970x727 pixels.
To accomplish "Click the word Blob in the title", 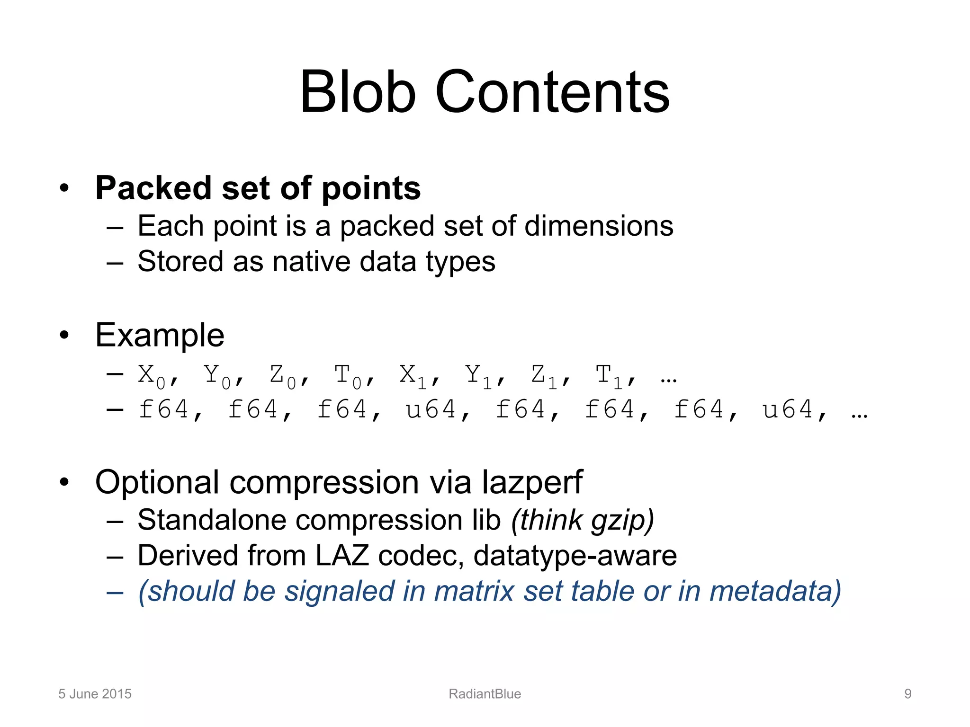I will [x=358, y=92].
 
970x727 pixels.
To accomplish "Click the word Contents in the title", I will [x=552, y=92].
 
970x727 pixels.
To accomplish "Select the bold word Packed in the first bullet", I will [x=153, y=188].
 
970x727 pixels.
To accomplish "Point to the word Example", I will [x=160, y=336].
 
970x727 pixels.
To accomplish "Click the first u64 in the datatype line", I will [x=431, y=409].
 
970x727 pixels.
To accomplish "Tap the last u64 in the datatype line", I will [x=788, y=409].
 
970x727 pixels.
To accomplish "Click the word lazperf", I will [x=532, y=483].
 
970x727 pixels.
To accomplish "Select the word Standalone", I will [x=212, y=520].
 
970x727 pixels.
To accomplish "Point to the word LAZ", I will [x=342, y=556].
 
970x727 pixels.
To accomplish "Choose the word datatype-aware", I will [x=575, y=556].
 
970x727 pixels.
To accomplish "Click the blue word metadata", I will [x=774, y=592].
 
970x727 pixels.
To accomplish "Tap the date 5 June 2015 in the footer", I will [x=95, y=694].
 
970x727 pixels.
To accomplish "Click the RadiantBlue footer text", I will [x=485, y=694].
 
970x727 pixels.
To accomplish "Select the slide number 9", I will [x=907, y=694].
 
